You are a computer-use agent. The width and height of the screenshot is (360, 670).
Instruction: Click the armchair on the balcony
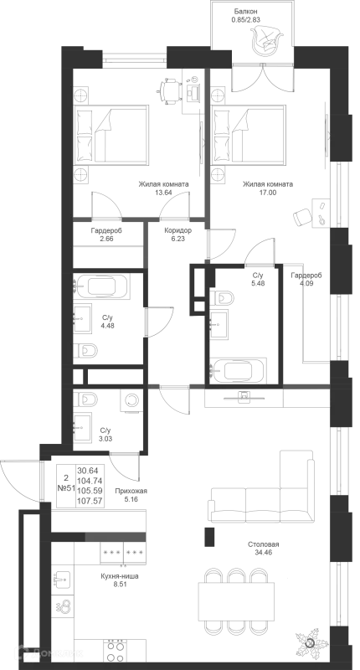tap(265, 40)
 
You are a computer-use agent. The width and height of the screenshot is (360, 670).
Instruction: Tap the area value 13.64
tap(163, 193)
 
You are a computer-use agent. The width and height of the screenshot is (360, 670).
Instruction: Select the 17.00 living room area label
tap(267, 193)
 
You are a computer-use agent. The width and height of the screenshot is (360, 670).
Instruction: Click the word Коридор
tap(177, 231)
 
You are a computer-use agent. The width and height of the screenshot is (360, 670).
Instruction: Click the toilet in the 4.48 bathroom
tap(85, 351)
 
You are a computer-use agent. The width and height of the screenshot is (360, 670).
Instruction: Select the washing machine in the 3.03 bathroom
tap(131, 400)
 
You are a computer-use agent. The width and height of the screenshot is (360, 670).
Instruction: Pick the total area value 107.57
tap(90, 501)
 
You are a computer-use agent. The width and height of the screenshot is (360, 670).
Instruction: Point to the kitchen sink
tap(63, 579)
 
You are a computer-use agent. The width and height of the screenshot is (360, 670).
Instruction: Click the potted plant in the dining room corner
tap(311, 642)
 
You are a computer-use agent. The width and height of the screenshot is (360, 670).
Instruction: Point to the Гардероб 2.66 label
tap(106, 234)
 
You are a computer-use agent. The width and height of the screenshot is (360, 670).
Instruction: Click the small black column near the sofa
tap(209, 537)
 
